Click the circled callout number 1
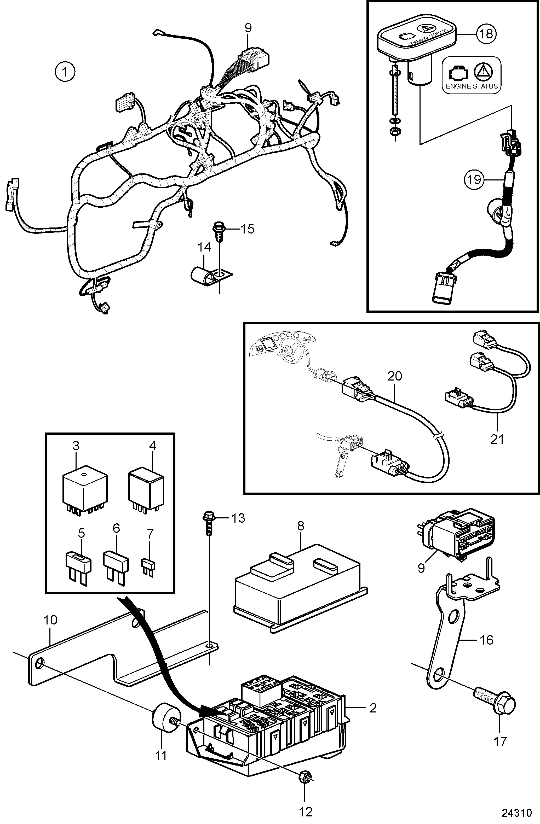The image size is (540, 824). [x=65, y=72]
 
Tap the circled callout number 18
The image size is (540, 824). [x=487, y=34]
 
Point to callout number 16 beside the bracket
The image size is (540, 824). [x=487, y=640]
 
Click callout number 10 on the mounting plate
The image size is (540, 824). [x=50, y=620]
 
